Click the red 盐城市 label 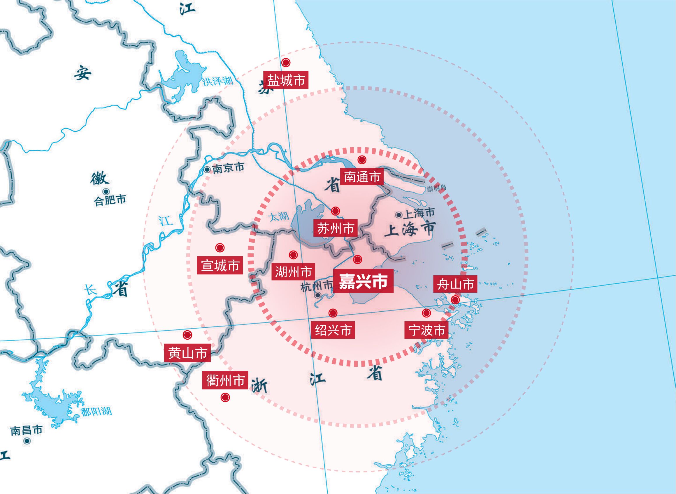point(286,80)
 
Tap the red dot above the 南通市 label point(362,160)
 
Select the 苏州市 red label point(336,228)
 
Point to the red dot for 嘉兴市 point(357,259)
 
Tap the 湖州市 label point(293,272)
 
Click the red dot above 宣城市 point(220,248)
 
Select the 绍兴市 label point(333,330)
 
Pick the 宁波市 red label point(426,330)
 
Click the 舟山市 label point(455,284)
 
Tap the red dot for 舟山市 point(455,300)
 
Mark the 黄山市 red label point(187,353)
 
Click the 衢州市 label point(225,381)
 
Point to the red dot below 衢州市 point(225,397)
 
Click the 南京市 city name point(228,168)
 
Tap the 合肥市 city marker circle point(106,191)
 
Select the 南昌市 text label point(26,431)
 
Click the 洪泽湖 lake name point(217,81)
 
